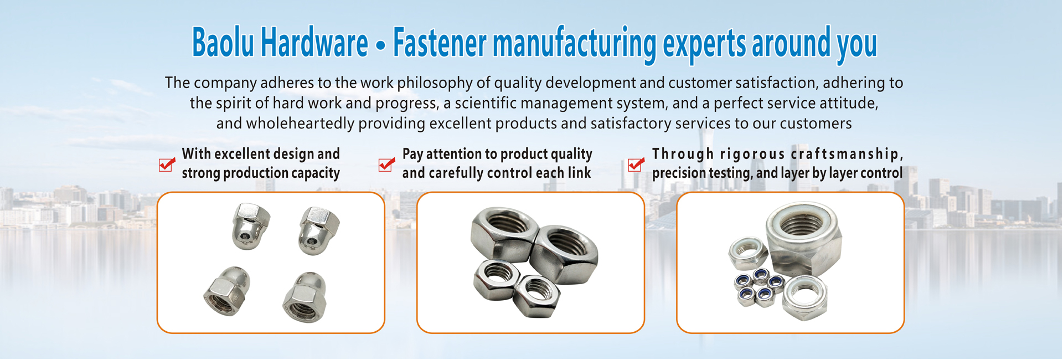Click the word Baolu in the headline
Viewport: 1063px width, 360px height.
[x=223, y=43]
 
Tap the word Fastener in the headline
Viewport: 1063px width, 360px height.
[x=440, y=43]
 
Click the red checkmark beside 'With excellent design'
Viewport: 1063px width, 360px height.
[x=167, y=164]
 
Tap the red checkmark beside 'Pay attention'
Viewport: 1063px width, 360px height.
[x=386, y=164]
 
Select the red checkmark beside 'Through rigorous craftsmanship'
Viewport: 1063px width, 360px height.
[x=636, y=164]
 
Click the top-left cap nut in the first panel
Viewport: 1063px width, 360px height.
[x=251, y=226]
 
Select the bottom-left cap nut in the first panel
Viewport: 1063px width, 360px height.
[x=228, y=291]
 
